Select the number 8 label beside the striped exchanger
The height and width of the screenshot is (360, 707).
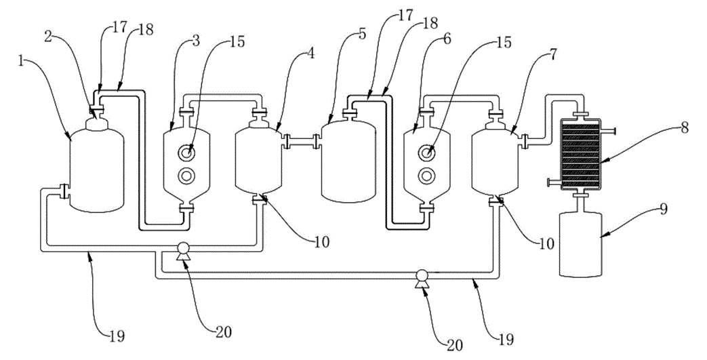pyautogui.click(x=685, y=128)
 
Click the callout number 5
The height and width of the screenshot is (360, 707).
pyautogui.click(x=362, y=35)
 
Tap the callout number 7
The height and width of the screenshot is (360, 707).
pyautogui.click(x=553, y=55)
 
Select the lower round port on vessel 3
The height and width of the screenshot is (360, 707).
pyautogui.click(x=186, y=176)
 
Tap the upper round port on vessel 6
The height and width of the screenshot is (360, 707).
pyautogui.click(x=426, y=153)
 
